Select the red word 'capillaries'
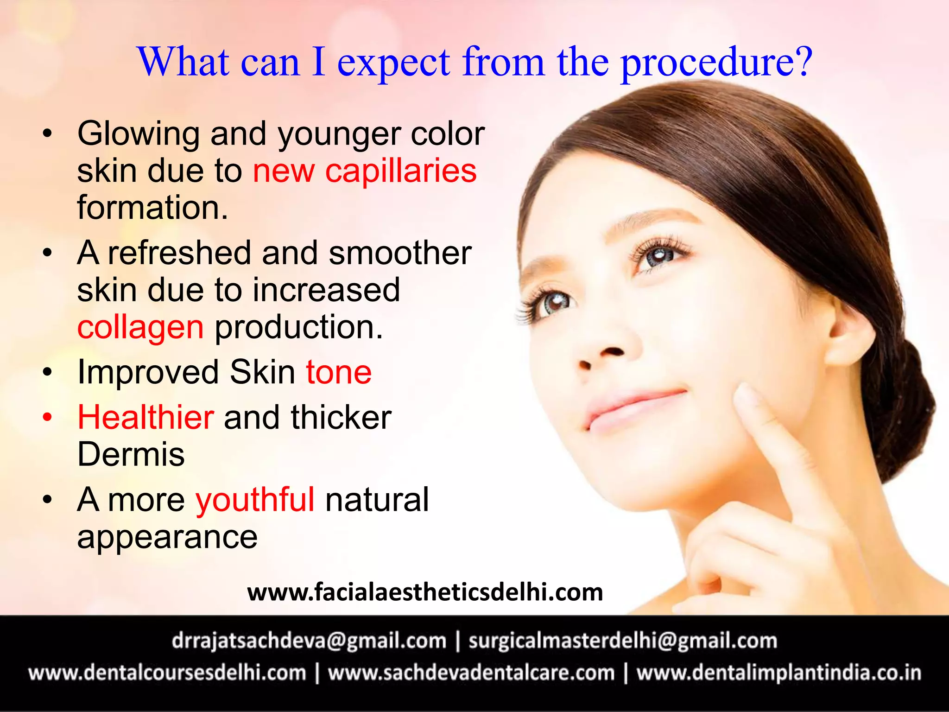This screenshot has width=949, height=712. tap(401, 171)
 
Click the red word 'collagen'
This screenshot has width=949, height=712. tap(140, 327)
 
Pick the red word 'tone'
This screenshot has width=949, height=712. tap(339, 372)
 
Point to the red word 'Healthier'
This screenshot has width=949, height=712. tap(146, 417)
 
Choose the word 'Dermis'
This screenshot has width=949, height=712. tap(131, 454)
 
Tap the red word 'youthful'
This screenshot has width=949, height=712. tap(255, 500)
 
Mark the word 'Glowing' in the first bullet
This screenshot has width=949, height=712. tap(139, 133)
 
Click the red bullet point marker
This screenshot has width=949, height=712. tap(47, 417)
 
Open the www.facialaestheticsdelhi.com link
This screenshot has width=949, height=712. tap(425, 592)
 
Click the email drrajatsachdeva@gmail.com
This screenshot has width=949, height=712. tap(309, 641)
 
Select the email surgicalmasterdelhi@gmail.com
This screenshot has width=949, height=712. tap(622, 641)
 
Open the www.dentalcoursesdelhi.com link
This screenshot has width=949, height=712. tap(167, 673)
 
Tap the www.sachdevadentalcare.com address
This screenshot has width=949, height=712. tap(471, 673)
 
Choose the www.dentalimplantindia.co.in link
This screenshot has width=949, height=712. tap(778, 673)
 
